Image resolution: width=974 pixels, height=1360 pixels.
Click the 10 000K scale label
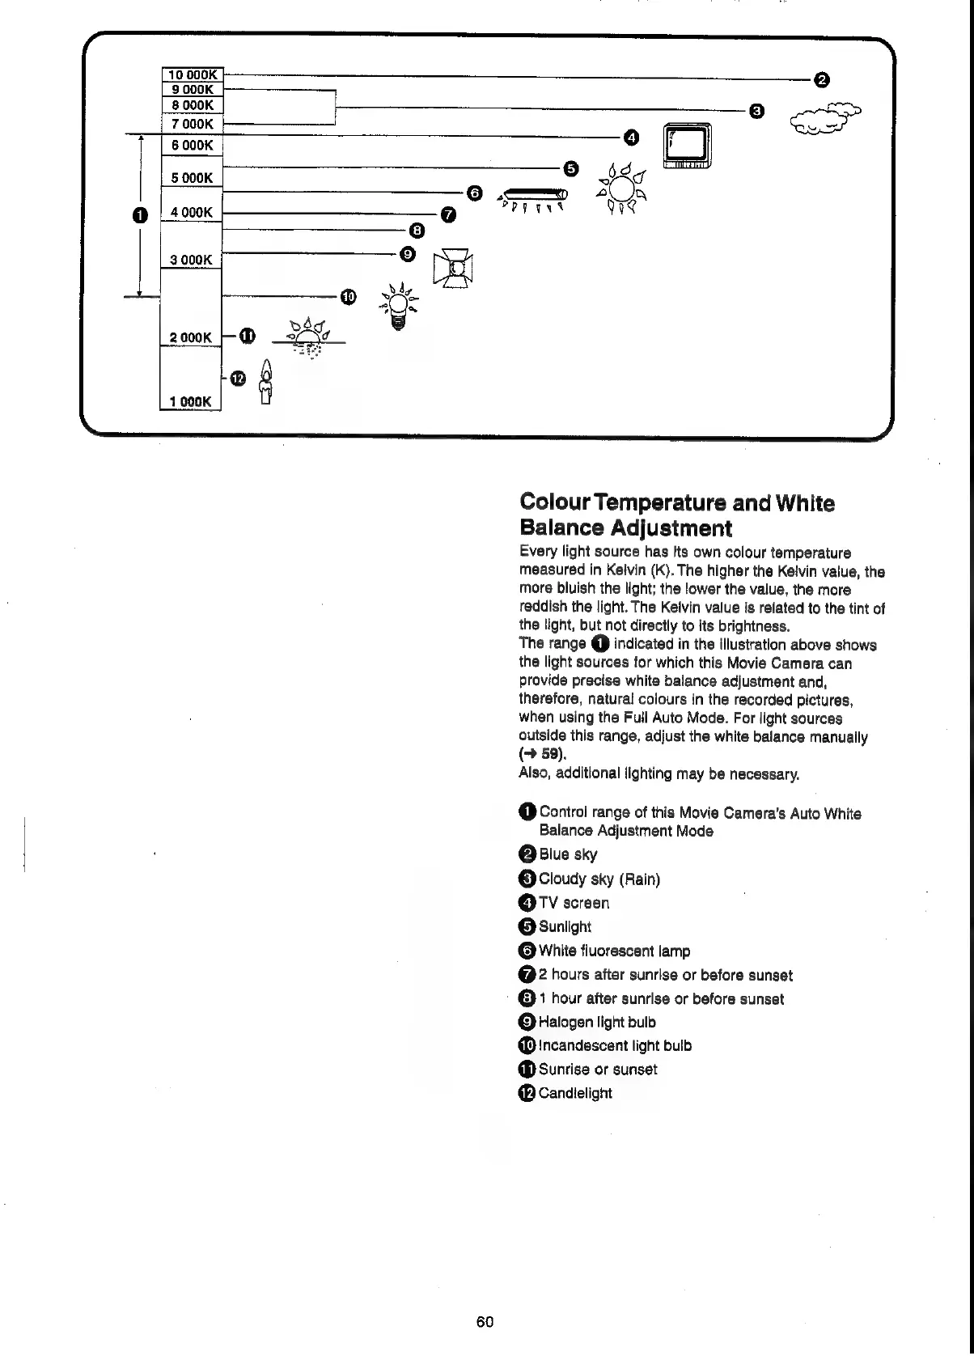click(x=193, y=75)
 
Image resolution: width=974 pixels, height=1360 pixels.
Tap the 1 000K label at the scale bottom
click(x=191, y=401)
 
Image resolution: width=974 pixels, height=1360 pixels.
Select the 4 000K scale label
click(x=192, y=212)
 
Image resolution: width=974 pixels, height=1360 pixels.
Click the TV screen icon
click(x=687, y=146)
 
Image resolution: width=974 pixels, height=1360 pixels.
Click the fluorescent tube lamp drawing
click(x=533, y=197)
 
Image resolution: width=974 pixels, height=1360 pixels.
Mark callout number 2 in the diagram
click(x=821, y=79)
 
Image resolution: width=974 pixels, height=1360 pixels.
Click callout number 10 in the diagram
click(x=348, y=297)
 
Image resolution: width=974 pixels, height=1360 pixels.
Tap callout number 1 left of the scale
click(x=140, y=215)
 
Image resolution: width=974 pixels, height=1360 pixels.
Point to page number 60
click(x=485, y=1322)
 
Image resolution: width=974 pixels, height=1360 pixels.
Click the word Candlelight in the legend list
click(x=575, y=1093)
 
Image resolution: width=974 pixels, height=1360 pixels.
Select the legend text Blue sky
click(x=568, y=854)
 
